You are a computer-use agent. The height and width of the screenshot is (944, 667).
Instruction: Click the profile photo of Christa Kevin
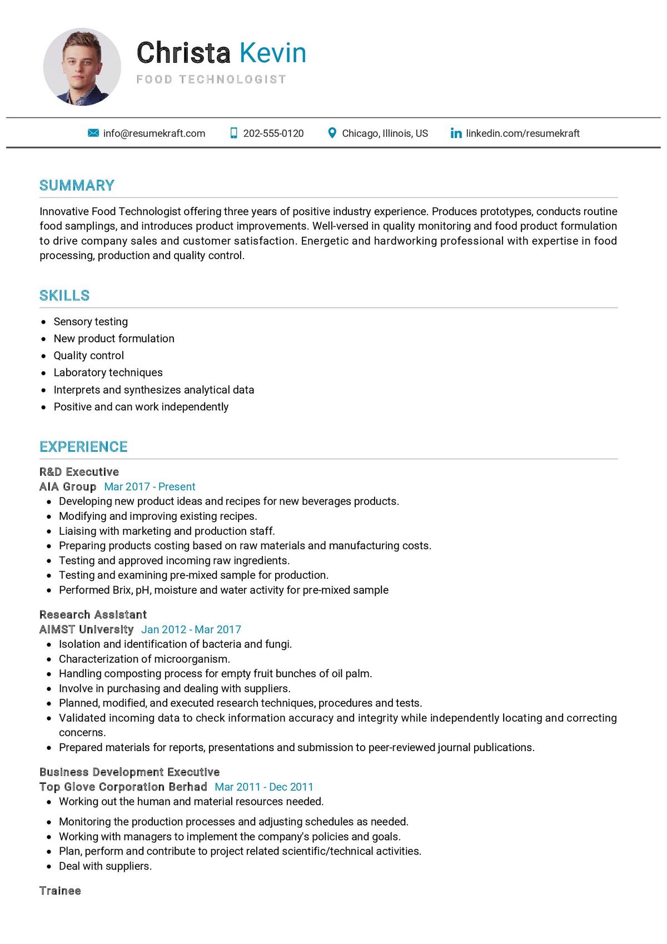pos(82,67)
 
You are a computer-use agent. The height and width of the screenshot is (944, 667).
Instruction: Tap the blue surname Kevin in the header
pos(273,53)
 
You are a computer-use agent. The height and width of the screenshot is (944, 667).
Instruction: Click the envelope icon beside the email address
pos(93,133)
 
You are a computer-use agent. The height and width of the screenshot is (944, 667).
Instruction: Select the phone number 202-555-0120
pos(273,133)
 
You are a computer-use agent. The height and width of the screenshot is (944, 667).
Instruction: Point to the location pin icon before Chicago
pos(332,133)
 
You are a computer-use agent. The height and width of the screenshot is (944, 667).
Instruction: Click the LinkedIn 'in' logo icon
pos(456,133)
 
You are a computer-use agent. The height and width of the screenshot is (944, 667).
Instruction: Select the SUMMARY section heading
pos(77,186)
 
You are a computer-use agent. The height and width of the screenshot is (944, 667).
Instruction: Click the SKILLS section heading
pos(64,296)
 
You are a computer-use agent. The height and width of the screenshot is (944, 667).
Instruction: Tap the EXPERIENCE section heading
pos(83,447)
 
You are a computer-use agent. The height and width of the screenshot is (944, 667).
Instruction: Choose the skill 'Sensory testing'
pos(91,322)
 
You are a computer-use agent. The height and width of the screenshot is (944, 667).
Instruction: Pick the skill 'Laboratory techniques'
pos(108,372)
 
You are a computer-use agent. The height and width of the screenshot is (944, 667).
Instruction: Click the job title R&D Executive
pos(79,472)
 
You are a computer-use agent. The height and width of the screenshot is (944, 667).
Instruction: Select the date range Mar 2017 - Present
pos(150,487)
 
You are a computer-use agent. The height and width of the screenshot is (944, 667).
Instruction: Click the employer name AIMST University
pos(86,630)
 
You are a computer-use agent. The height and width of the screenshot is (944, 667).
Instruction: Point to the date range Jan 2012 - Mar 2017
pos(191,630)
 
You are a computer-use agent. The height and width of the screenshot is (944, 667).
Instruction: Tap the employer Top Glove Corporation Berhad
pos(123,787)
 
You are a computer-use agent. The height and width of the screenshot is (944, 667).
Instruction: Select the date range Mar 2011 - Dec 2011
pos(264,787)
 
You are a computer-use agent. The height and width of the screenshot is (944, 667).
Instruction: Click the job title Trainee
pos(60,891)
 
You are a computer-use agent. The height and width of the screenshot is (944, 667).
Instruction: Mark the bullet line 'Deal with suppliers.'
pos(105,866)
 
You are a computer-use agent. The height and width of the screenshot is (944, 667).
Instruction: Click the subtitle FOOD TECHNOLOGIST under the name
pos(211,80)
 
